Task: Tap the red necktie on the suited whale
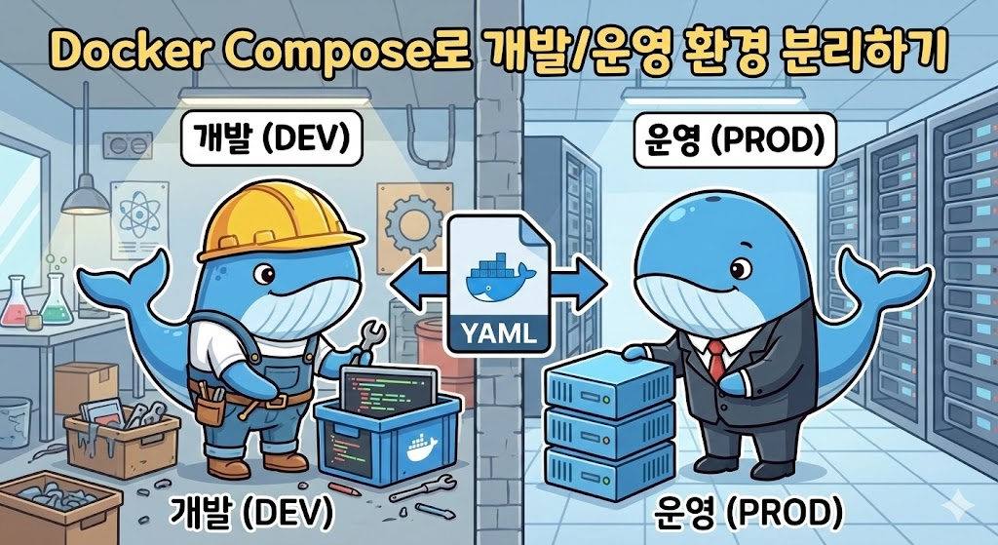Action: point(716,360)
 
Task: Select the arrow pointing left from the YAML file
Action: point(415,283)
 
